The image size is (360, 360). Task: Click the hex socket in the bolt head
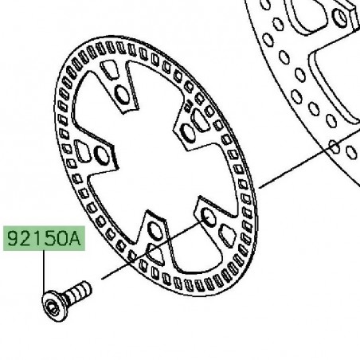52,308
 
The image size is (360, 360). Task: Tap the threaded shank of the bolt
79,292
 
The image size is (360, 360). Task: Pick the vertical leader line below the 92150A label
44,272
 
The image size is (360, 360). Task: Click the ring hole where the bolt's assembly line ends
208,216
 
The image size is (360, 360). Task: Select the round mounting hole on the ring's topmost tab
122,95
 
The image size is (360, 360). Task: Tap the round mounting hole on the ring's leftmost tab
102,155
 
